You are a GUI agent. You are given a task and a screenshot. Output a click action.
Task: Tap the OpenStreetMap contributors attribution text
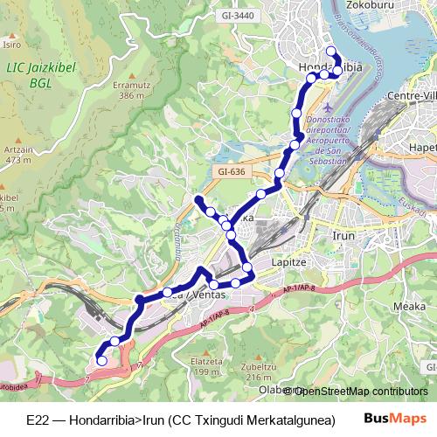360,391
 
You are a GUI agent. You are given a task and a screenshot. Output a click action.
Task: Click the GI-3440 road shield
239,15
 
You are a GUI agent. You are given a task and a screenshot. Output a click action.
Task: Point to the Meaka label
409,306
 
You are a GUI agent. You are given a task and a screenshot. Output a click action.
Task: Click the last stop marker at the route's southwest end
101,360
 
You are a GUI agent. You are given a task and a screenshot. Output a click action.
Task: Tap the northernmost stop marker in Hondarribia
330,51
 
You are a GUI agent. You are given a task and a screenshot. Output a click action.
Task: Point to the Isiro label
11,43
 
